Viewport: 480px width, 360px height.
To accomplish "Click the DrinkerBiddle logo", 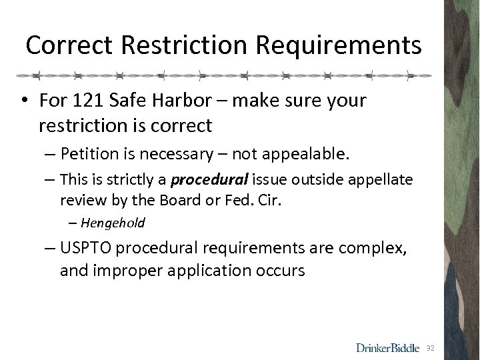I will (x=388, y=347).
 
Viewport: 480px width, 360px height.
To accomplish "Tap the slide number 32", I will (x=431, y=348).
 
